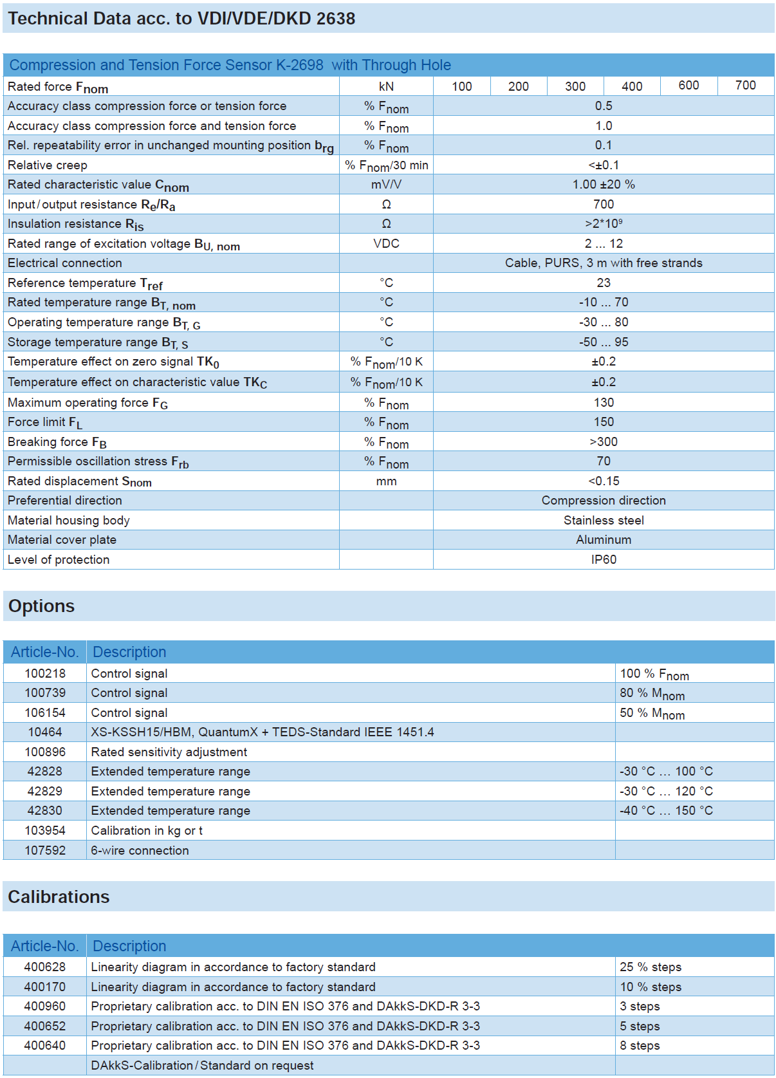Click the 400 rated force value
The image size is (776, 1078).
632,86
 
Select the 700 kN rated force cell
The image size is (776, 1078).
745,86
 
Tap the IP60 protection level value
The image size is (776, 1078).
604,559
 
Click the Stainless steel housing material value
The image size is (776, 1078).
604,520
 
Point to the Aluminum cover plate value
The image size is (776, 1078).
604,539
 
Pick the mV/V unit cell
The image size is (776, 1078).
386,185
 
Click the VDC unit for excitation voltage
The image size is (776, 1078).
386,243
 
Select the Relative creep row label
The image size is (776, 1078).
48,165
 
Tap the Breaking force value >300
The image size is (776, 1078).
604,441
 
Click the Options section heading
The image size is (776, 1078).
42,606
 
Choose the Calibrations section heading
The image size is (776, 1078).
59,897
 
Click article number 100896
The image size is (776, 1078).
45,752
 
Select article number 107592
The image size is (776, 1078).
45,850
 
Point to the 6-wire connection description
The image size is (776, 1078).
140,850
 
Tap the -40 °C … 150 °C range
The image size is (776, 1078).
666,810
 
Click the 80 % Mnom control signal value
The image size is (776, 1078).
652,693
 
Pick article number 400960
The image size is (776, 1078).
45,1006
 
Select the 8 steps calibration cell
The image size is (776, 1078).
640,1045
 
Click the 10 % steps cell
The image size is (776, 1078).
651,987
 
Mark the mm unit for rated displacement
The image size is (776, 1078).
386,481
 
